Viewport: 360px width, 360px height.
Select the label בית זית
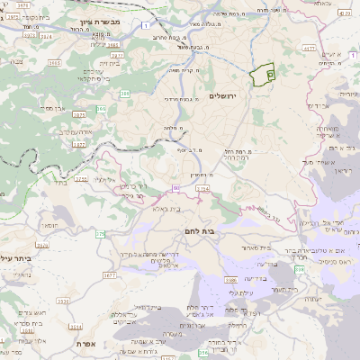(x=110, y=64)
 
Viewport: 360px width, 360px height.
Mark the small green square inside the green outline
(x=270, y=74)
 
